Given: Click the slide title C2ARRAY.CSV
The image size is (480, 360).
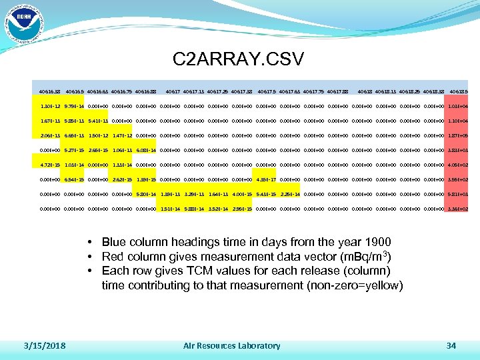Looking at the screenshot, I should pos(238,59).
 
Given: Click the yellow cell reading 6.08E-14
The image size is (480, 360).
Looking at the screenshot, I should pos(147,150).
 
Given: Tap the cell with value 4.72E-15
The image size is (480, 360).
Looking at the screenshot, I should pos(48,165).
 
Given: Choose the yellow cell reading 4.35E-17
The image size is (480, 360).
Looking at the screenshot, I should pos(267,179).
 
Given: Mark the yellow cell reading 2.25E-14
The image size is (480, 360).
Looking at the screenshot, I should pos(291,194).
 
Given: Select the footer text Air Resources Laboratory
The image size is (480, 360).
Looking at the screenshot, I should pos(231,345).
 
